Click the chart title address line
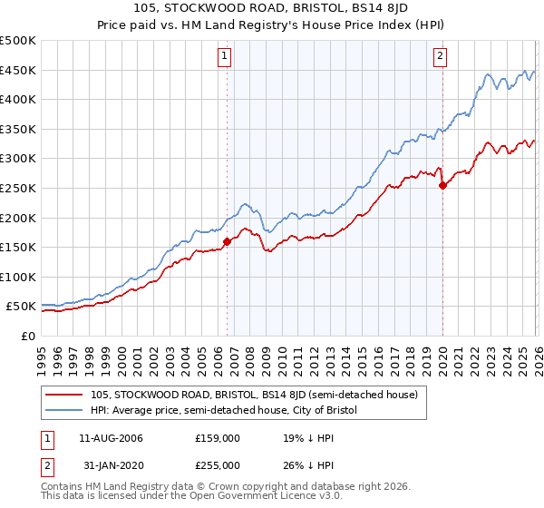pos(271,10)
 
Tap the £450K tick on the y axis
pos(18,70)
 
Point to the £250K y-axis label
pos(18,188)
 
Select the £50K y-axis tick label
pos(22,307)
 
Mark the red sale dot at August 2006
pos(227,241)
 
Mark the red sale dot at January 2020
pos(442,185)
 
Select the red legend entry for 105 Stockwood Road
pos(253,395)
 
